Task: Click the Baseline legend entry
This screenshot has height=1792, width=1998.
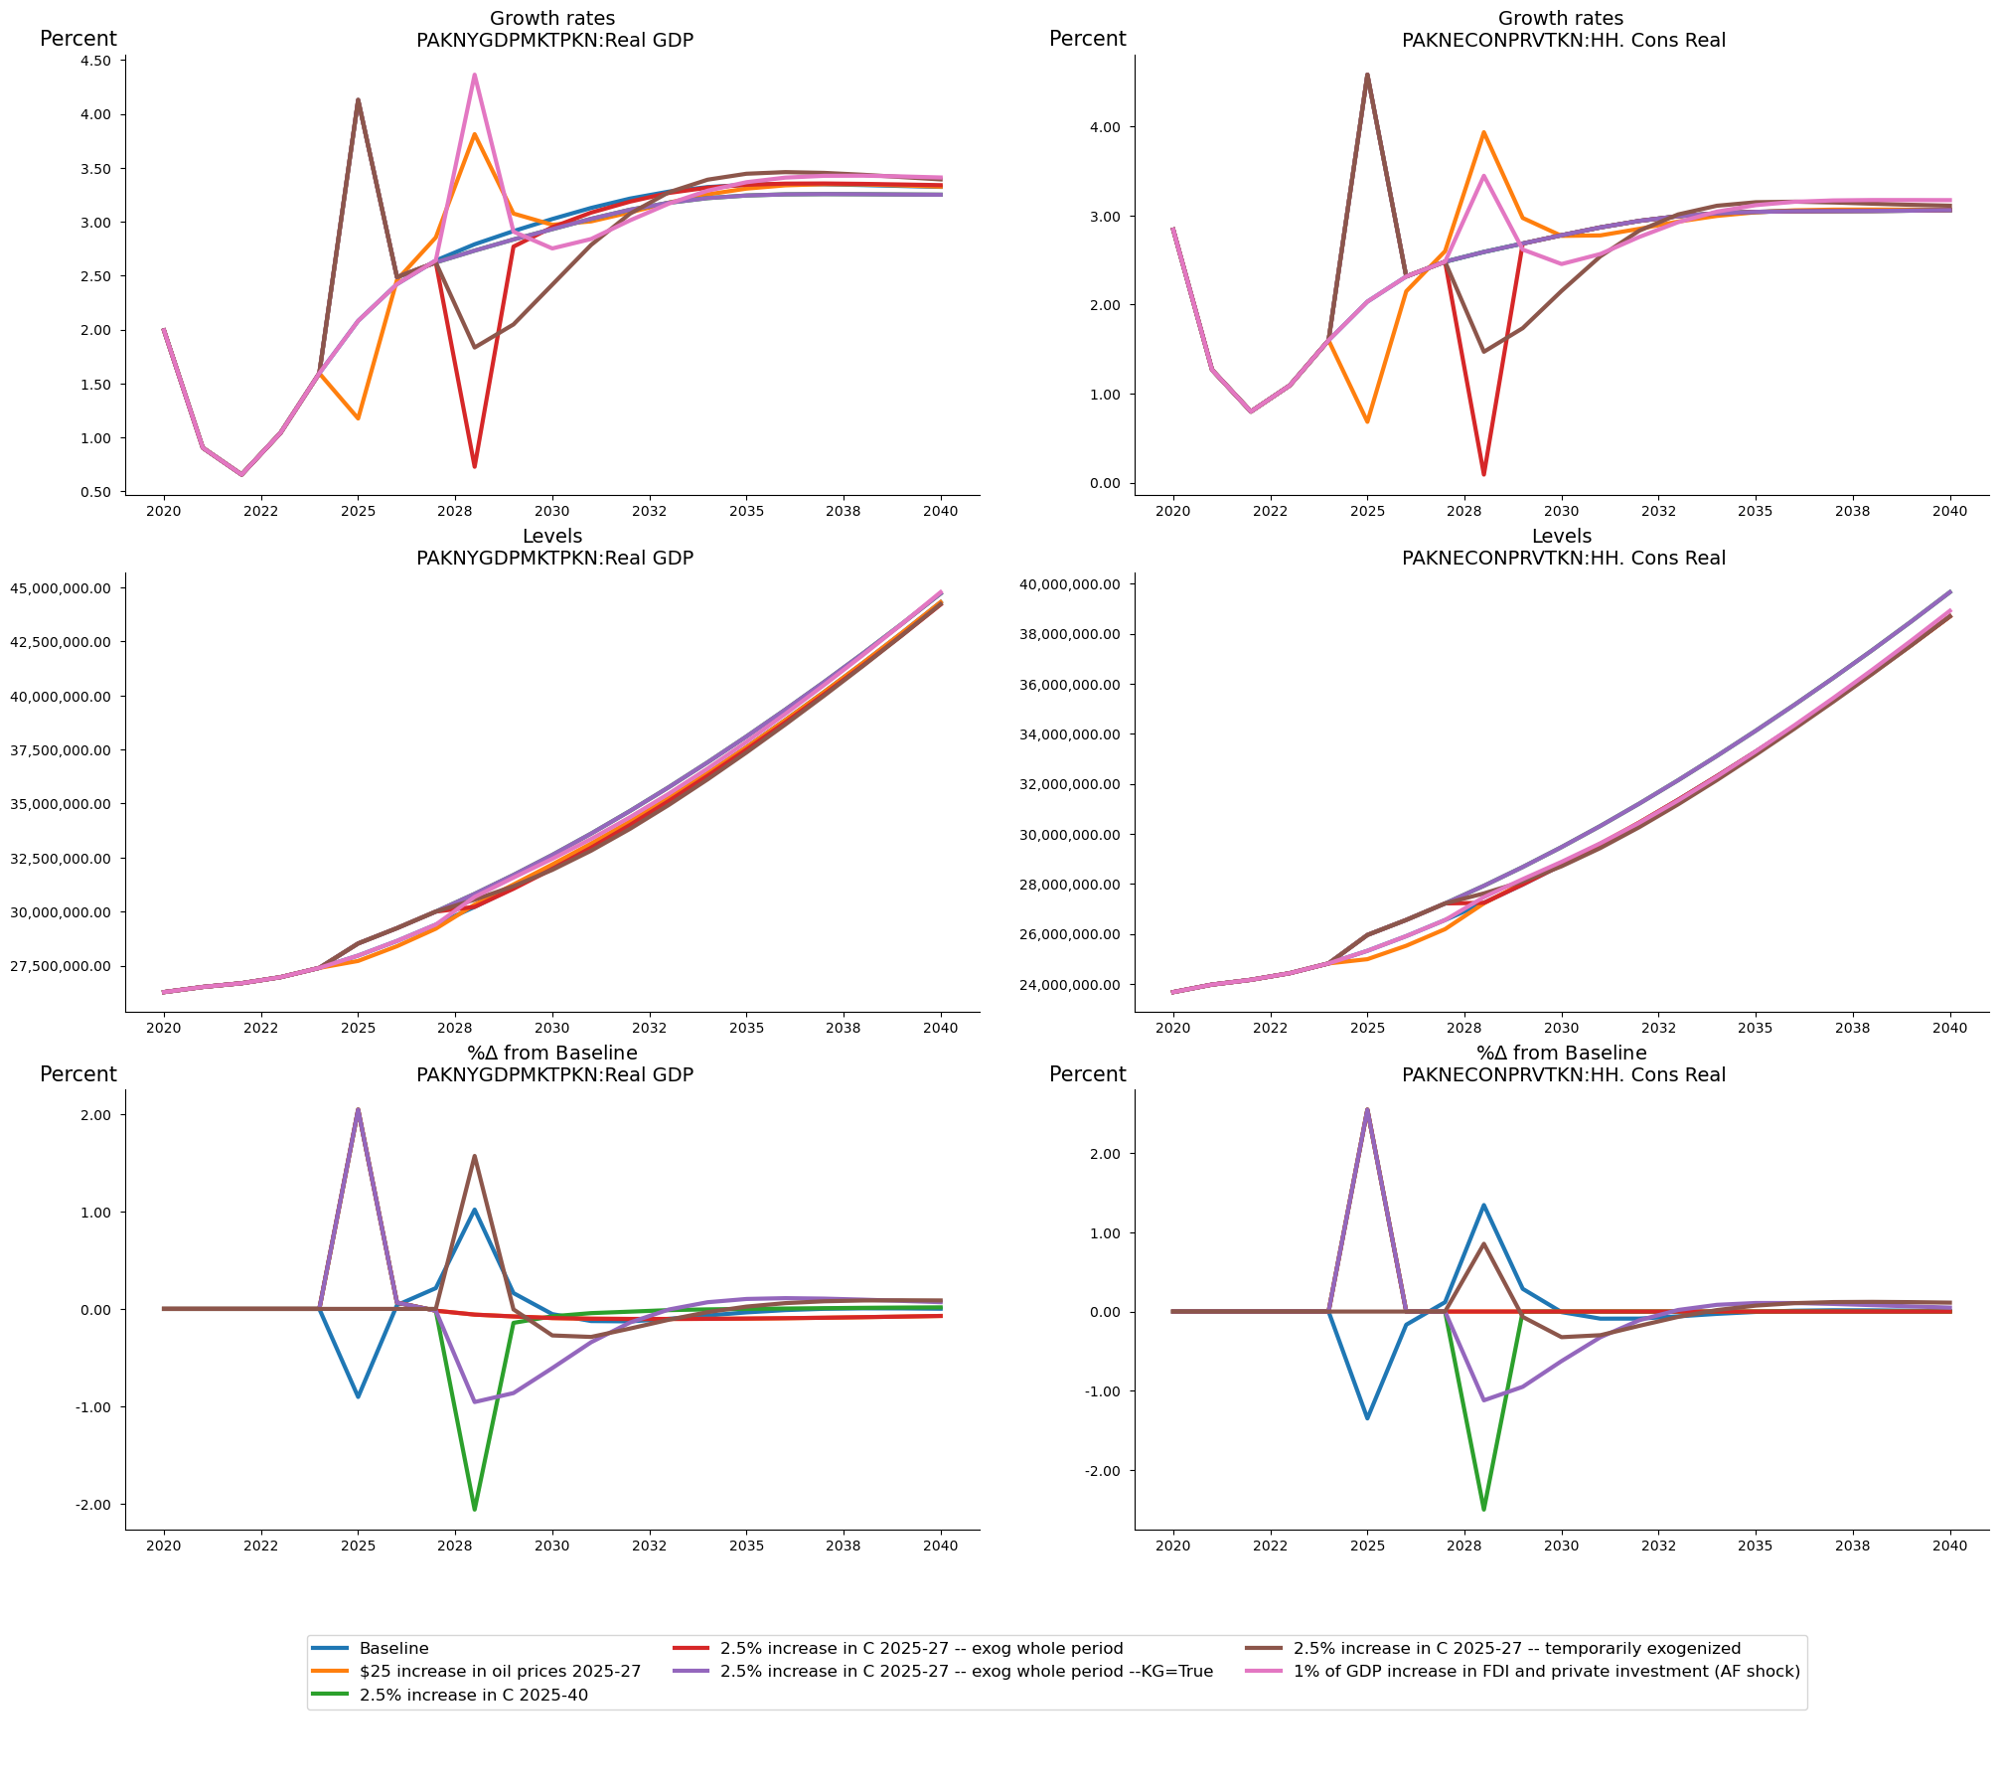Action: pyautogui.click(x=393, y=1648)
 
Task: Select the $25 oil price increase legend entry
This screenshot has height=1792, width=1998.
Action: pyautogui.click(x=500, y=1671)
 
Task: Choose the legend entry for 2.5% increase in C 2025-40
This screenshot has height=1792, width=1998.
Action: pyautogui.click(x=473, y=1695)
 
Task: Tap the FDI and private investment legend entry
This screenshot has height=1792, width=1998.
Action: pyautogui.click(x=1546, y=1671)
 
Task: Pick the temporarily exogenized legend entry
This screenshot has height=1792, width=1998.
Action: pyautogui.click(x=1516, y=1648)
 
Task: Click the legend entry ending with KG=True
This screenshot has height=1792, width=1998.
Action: pyautogui.click(x=966, y=1671)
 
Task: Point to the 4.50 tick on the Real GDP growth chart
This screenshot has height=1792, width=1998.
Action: pyautogui.click(x=94, y=61)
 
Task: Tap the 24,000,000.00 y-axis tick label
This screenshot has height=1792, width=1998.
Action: pyautogui.click(x=1071, y=985)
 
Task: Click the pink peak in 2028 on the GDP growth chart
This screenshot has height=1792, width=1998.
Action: pyautogui.click(x=475, y=75)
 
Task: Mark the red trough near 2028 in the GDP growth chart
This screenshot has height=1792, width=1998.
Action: pyautogui.click(x=475, y=466)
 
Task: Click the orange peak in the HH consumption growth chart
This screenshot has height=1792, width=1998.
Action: pyautogui.click(x=1483, y=132)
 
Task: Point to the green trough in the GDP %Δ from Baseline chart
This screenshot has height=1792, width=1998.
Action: pyautogui.click(x=475, y=1510)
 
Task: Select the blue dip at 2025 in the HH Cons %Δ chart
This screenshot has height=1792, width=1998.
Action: pyautogui.click(x=1367, y=1417)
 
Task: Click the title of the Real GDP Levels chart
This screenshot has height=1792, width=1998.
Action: pyautogui.click(x=553, y=548)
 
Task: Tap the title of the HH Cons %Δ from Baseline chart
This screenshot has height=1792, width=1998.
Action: pyautogui.click(x=1562, y=1063)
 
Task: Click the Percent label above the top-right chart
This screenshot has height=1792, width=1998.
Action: pyautogui.click(x=1087, y=39)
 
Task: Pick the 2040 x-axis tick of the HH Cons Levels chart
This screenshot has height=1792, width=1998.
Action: pyautogui.click(x=1949, y=1028)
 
